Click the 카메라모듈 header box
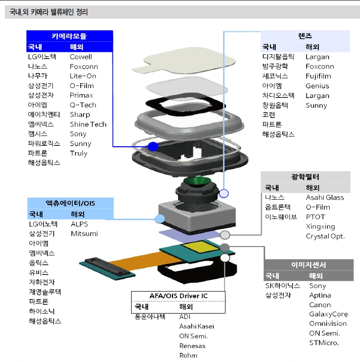point(69,36)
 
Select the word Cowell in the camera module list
point(81,57)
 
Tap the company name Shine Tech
point(88,124)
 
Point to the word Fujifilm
point(318,76)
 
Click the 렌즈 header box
point(305,36)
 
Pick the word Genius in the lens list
point(317,86)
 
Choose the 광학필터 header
point(305,177)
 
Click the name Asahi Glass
point(325,198)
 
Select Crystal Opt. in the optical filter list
point(325,236)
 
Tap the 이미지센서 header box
point(308,265)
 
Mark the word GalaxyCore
point(328,314)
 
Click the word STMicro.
point(324,343)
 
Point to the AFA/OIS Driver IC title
point(178,296)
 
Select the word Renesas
point(192,346)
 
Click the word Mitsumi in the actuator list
point(84,234)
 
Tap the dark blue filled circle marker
point(153,146)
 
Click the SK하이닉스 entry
point(282,286)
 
